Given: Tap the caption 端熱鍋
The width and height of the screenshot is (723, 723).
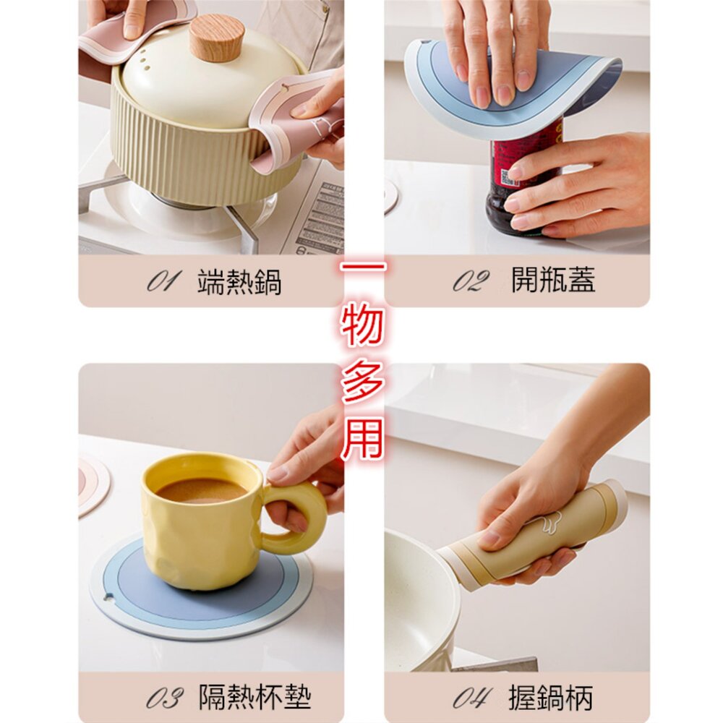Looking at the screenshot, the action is point(239,281).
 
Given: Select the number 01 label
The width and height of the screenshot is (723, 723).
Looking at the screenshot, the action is point(163,281).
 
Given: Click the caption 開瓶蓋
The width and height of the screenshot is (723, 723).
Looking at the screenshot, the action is point(553,279).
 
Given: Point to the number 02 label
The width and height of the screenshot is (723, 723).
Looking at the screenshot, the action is point(471,281).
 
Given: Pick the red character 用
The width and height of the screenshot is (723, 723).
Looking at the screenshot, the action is point(362,438).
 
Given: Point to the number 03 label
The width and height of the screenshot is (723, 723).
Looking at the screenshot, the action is point(164,698).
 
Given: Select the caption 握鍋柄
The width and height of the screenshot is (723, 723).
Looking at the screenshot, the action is point(551,698).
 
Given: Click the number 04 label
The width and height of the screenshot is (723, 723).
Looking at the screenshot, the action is point(471,698).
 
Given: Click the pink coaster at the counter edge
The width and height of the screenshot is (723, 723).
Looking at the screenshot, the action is point(93,484).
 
